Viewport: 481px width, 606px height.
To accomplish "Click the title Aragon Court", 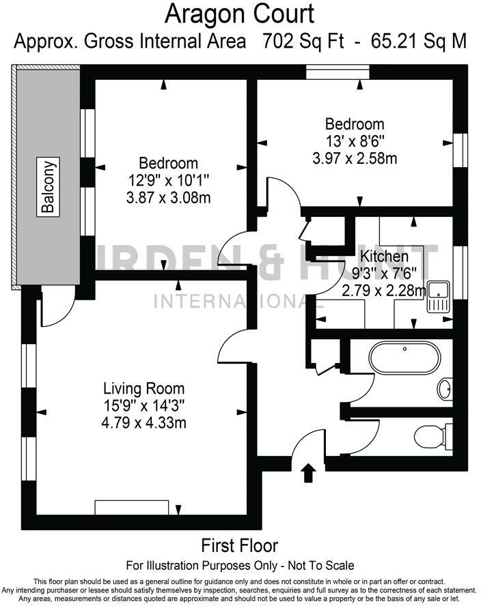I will click(240, 14).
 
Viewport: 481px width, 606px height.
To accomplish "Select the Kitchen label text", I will click(385, 257).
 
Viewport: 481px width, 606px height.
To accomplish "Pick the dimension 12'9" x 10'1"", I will click(169, 181).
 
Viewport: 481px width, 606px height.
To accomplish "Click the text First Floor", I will click(239, 546).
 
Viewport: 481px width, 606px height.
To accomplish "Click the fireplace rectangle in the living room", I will click(131, 507).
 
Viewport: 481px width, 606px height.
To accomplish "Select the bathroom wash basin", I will click(444, 389).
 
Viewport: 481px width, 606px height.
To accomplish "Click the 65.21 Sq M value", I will click(419, 41).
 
